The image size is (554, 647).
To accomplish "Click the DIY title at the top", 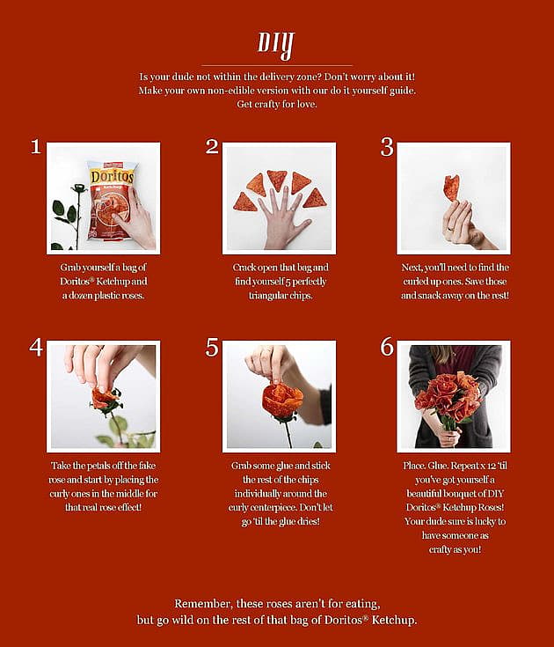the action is [276, 44].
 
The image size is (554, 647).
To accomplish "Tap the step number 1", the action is [36, 147].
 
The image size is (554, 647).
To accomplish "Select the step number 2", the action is [212, 147].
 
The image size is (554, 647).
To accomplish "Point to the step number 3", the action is [387, 147].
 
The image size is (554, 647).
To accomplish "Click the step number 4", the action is [36, 347].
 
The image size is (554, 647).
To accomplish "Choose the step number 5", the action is [212, 347].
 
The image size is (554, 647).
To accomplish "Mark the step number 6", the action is [387, 347].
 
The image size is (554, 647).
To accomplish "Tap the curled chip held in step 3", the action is [451, 187].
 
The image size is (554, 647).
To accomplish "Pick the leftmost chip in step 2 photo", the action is [244, 202].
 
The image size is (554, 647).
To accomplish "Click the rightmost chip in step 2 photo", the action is [316, 198].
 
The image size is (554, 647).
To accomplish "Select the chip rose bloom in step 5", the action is [282, 401].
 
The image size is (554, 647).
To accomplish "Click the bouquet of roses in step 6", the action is [448, 396].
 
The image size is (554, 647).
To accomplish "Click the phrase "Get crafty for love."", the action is [277, 104].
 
